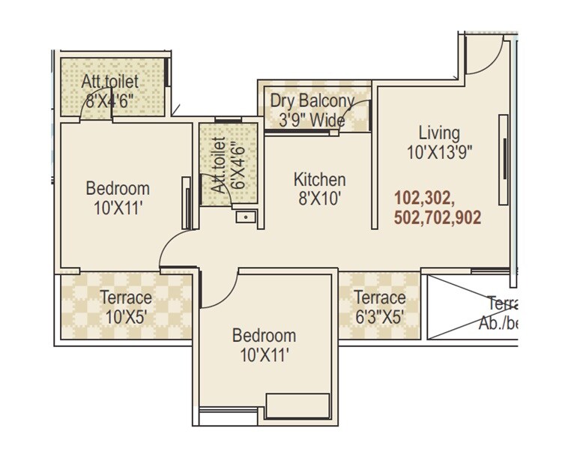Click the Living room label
pyautogui.click(x=439, y=133)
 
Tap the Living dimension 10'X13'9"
pyautogui.click(x=439, y=152)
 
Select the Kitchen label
pyautogui.click(x=319, y=180)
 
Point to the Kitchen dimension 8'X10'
pyautogui.click(x=319, y=199)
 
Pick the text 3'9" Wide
pyautogui.click(x=312, y=120)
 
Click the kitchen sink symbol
pyautogui.click(x=245, y=217)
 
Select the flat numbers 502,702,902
pyautogui.click(x=437, y=218)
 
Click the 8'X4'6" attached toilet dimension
pyautogui.click(x=109, y=101)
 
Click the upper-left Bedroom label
pyautogui.click(x=118, y=188)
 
